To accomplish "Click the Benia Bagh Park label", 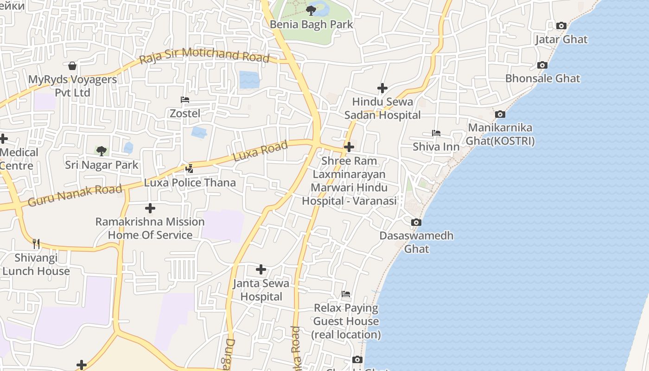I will tap(312, 25).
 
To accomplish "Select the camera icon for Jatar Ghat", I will tap(561, 26).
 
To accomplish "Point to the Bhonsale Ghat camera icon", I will tap(542, 65).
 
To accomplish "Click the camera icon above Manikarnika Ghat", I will tap(500, 114).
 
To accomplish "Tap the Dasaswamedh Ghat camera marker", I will tap(416, 223).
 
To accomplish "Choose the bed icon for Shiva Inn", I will tap(436, 133).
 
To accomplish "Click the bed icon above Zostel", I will tap(185, 100).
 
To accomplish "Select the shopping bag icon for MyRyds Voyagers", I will tap(72, 66).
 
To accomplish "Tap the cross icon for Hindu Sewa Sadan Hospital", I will tap(382, 88).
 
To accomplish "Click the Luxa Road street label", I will tap(260, 151).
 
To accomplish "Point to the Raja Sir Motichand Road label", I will tap(204, 55).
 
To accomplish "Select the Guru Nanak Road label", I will tap(75, 195).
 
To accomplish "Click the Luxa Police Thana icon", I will tap(189, 169).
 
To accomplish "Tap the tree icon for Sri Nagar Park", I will tap(102, 151).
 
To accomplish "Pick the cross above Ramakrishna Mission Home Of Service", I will tap(150, 208).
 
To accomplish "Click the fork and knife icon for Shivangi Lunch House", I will tap(36, 243).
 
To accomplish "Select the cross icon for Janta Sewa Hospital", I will tap(261, 269).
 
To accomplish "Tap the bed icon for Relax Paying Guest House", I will tap(346, 294).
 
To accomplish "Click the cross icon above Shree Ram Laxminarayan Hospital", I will tap(349, 147).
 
